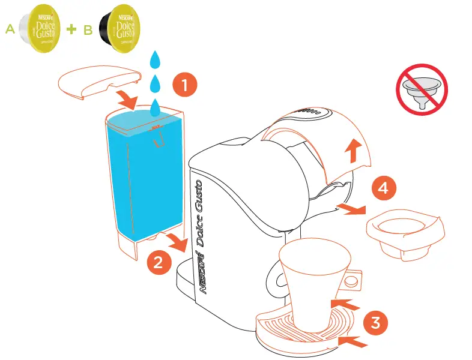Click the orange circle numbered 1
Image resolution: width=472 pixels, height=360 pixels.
[x=185, y=85]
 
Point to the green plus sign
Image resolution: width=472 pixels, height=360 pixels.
[x=72, y=29]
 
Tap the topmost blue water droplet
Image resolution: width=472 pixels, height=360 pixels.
[x=156, y=59]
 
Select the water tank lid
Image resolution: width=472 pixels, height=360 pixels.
[x=100, y=82]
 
